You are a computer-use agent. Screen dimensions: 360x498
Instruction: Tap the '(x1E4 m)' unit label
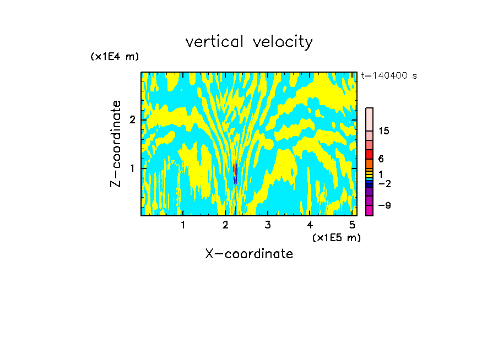pyautogui.click(x=115, y=56)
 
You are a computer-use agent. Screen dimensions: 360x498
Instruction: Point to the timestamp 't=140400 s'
pyautogui.click(x=388, y=76)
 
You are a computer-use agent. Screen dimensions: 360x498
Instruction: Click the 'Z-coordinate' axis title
pyautogui.click(x=116, y=144)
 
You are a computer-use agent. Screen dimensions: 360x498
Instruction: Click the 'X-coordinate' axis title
pyautogui.click(x=249, y=254)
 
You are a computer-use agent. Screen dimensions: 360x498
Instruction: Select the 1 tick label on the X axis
pyautogui.click(x=183, y=225)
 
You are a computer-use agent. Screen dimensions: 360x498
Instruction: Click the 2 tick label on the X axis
pyautogui.click(x=225, y=225)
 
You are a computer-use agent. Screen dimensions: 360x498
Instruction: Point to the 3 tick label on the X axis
pyautogui.click(x=268, y=225)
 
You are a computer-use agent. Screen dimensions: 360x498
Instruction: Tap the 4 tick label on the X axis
pyautogui.click(x=310, y=225)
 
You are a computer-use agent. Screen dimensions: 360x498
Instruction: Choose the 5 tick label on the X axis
pyautogui.click(x=352, y=225)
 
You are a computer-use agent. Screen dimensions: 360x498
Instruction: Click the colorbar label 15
pyautogui.click(x=384, y=131)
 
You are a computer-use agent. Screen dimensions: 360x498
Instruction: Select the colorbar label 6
pyautogui.click(x=381, y=159)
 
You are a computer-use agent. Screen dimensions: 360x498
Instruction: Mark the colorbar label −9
pyautogui.click(x=384, y=205)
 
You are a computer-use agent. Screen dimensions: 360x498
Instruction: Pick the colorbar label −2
pyautogui.click(x=384, y=184)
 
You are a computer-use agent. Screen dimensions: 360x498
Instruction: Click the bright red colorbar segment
pyautogui.click(x=369, y=154)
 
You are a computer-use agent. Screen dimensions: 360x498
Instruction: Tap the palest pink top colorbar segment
pyautogui.click(x=369, y=119)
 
